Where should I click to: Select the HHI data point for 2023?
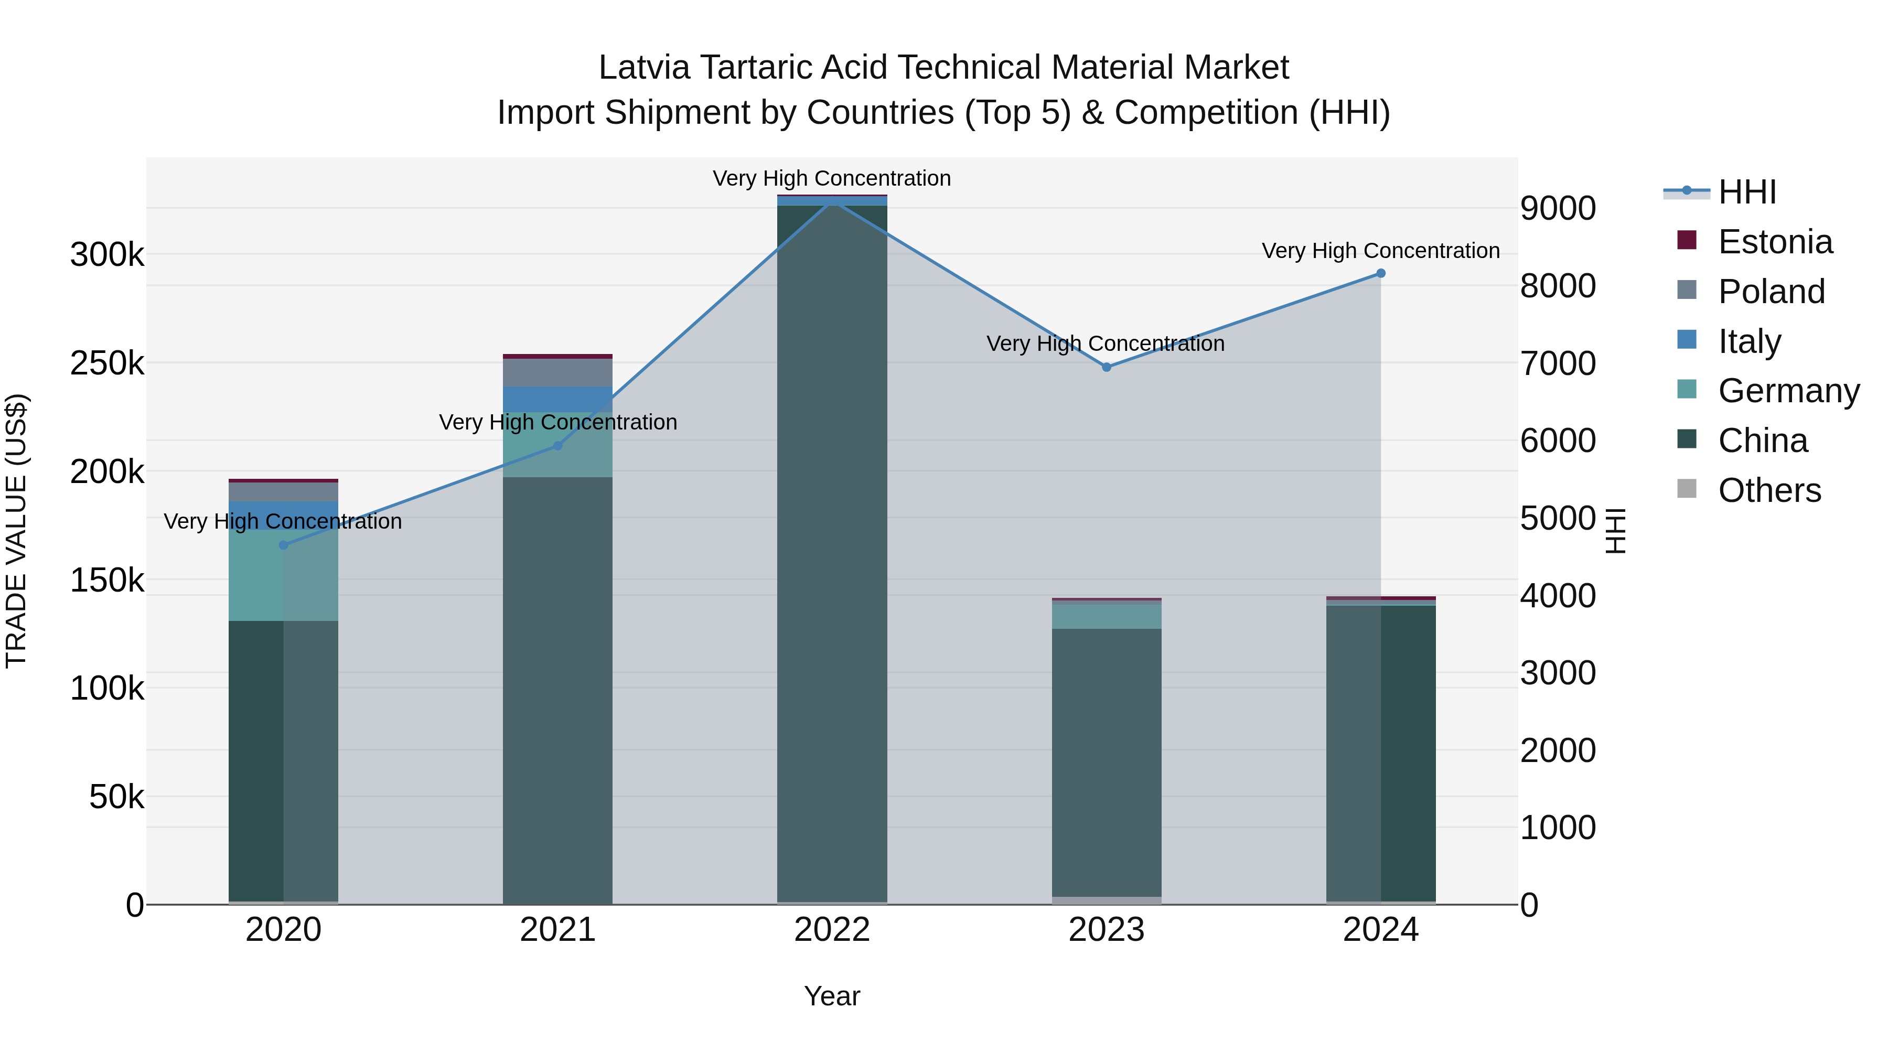pos(1107,367)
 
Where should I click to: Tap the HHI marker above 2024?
pos(1381,273)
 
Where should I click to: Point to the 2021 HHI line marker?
pos(558,446)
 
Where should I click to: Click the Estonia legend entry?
pos(1774,242)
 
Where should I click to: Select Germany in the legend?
pos(1788,391)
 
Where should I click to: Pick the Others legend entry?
pos(1768,490)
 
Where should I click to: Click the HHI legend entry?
pos(1746,192)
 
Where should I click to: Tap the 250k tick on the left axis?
pos(107,363)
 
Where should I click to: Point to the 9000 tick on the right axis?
pos(1558,209)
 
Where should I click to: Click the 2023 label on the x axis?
pos(1107,930)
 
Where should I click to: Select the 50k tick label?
pos(116,797)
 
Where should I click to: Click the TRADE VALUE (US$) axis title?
pos(16,531)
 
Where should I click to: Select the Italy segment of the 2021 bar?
pos(558,400)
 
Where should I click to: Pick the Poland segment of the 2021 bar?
pos(558,372)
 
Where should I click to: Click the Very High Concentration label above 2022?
pos(832,179)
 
